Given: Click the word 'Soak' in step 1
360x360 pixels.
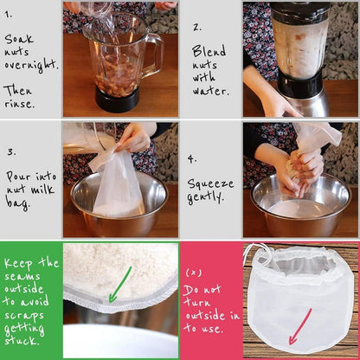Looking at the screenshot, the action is tap(19, 40).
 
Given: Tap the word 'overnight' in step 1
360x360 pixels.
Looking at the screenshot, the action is tap(30, 66).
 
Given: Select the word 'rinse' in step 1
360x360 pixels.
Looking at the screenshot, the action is tap(18, 103).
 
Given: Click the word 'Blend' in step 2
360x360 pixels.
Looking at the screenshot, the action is tap(209, 51).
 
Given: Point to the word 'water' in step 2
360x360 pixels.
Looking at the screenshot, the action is tap(209, 91).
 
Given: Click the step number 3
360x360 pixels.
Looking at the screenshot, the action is tap(11, 151).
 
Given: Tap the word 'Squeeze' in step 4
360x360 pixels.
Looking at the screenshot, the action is tap(210, 184).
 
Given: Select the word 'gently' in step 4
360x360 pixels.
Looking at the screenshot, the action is tap(205, 197).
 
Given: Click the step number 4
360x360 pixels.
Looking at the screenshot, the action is tap(192, 159).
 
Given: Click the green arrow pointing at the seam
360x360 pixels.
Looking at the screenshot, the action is tap(120, 284).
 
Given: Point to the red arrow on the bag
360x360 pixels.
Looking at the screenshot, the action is tap(300, 326).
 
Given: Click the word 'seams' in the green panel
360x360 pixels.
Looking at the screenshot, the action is tap(22, 276).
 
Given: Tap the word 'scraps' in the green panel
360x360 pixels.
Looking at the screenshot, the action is tap(24, 316).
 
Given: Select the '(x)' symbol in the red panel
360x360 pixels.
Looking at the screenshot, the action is tap(194, 273).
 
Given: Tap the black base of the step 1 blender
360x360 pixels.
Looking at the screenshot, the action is tap(118, 99).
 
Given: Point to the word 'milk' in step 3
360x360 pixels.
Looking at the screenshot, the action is tap(42, 190).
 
